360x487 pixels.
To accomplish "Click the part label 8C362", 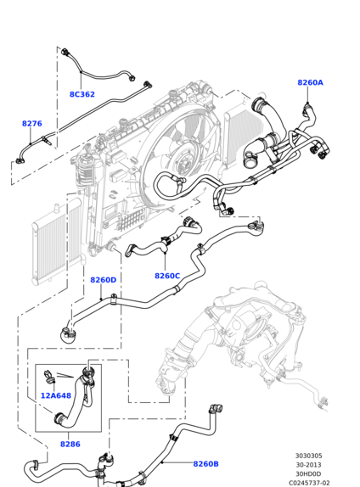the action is pyautogui.click(x=82, y=94).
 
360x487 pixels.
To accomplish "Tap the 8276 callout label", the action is pyautogui.click(x=31, y=124).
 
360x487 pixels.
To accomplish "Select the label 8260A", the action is pyautogui.click(x=310, y=82).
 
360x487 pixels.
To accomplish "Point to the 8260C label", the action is pyautogui.click(x=167, y=276).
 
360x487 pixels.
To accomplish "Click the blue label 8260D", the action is pyautogui.click(x=104, y=280).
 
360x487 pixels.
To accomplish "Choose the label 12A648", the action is pyautogui.click(x=56, y=395).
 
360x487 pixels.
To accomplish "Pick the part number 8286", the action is pyautogui.click(x=70, y=444).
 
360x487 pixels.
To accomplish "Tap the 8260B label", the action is pyautogui.click(x=205, y=464).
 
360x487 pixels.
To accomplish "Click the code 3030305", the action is pyautogui.click(x=309, y=456).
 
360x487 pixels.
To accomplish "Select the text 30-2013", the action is pyautogui.click(x=309, y=465).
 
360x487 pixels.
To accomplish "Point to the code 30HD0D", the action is pyautogui.click(x=309, y=474).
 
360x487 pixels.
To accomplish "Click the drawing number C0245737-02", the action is pyautogui.click(x=309, y=483).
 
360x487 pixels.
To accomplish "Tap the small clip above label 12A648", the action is pyautogui.click(x=49, y=376).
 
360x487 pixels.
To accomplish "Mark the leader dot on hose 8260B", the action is pyautogui.click(x=162, y=462).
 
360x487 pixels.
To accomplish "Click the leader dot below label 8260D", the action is pyautogui.click(x=101, y=299).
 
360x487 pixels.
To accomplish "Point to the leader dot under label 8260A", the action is pyautogui.click(x=307, y=103).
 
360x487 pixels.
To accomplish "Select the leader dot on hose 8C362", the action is pyautogui.click(x=81, y=72).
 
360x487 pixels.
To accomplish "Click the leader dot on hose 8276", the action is pyautogui.click(x=31, y=143).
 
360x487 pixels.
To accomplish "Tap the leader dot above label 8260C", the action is pyautogui.click(x=165, y=253).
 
